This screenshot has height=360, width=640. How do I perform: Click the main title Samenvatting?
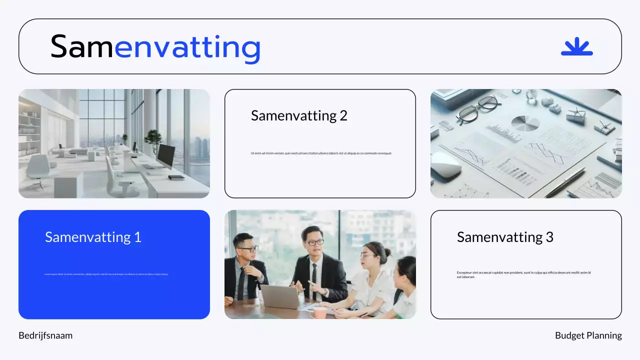click(155, 47)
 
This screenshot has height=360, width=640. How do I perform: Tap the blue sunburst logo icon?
click(576, 46)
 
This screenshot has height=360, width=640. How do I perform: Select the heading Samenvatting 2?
click(299, 115)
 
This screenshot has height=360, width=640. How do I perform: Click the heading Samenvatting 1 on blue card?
click(93, 236)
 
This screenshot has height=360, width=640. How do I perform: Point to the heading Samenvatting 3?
click(505, 237)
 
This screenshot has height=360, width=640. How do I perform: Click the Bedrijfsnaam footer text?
click(45, 335)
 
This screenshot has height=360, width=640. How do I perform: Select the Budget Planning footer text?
click(588, 335)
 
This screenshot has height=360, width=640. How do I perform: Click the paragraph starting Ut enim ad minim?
click(321, 153)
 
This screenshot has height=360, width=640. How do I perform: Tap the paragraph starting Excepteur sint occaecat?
click(523, 274)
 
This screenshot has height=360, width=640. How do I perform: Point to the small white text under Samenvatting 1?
click(106, 274)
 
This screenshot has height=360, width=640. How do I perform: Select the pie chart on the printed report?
click(525, 123)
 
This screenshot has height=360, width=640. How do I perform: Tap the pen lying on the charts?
click(564, 182)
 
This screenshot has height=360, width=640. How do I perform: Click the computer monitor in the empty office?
click(165, 156)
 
